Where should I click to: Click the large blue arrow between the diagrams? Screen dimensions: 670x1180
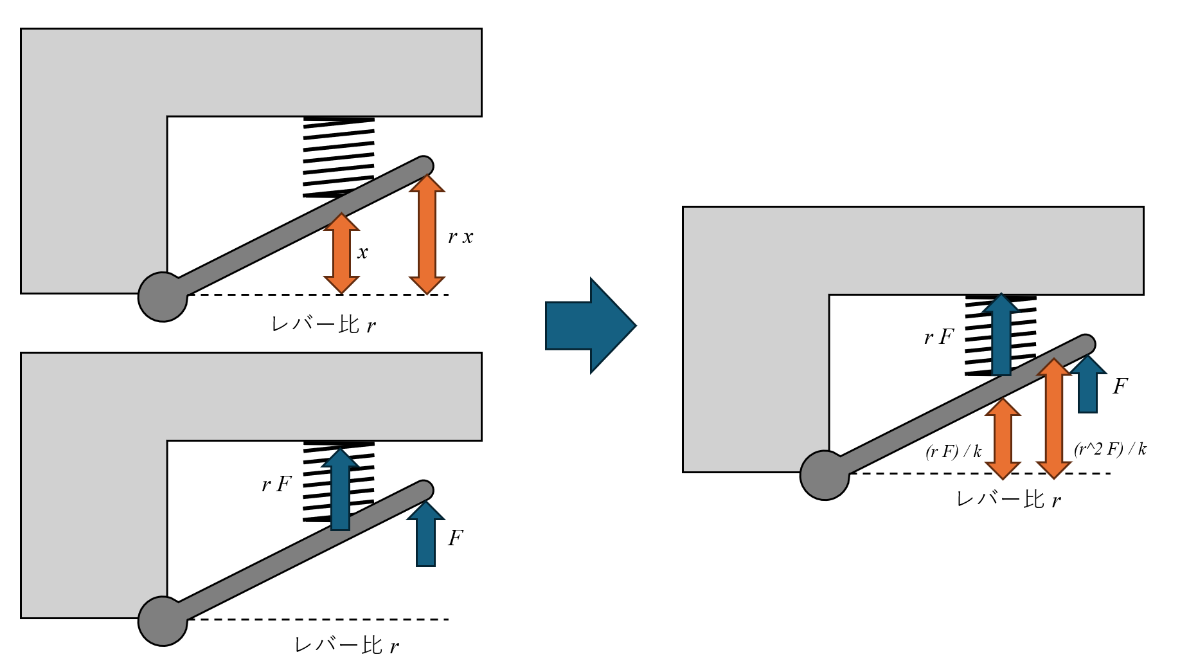click(588, 325)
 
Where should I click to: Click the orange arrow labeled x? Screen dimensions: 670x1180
click(341, 253)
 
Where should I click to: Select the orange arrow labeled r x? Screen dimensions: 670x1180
click(427, 235)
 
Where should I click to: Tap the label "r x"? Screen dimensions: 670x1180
click(460, 237)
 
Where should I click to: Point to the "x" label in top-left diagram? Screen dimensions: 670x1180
click(362, 253)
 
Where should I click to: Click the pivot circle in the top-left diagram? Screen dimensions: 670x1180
click(163, 296)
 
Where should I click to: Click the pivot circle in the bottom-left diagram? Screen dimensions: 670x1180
click(163, 621)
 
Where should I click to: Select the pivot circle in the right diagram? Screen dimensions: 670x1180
click(825, 475)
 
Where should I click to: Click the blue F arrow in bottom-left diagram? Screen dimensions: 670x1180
click(425, 535)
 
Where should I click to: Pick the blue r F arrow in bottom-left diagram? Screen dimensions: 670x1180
click(340, 491)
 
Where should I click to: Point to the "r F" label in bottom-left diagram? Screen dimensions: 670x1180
click(277, 484)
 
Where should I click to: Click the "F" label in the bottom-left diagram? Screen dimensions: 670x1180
click(456, 538)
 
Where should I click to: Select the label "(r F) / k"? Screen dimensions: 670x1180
click(953, 451)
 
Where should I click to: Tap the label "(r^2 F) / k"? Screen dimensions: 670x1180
click(1110, 449)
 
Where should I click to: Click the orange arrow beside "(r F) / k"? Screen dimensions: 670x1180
click(1003, 439)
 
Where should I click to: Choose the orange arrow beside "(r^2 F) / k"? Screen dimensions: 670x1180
click(1053, 419)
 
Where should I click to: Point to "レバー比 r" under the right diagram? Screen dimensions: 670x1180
click(1008, 500)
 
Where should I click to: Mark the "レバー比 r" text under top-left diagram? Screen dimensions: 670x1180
click(323, 325)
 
